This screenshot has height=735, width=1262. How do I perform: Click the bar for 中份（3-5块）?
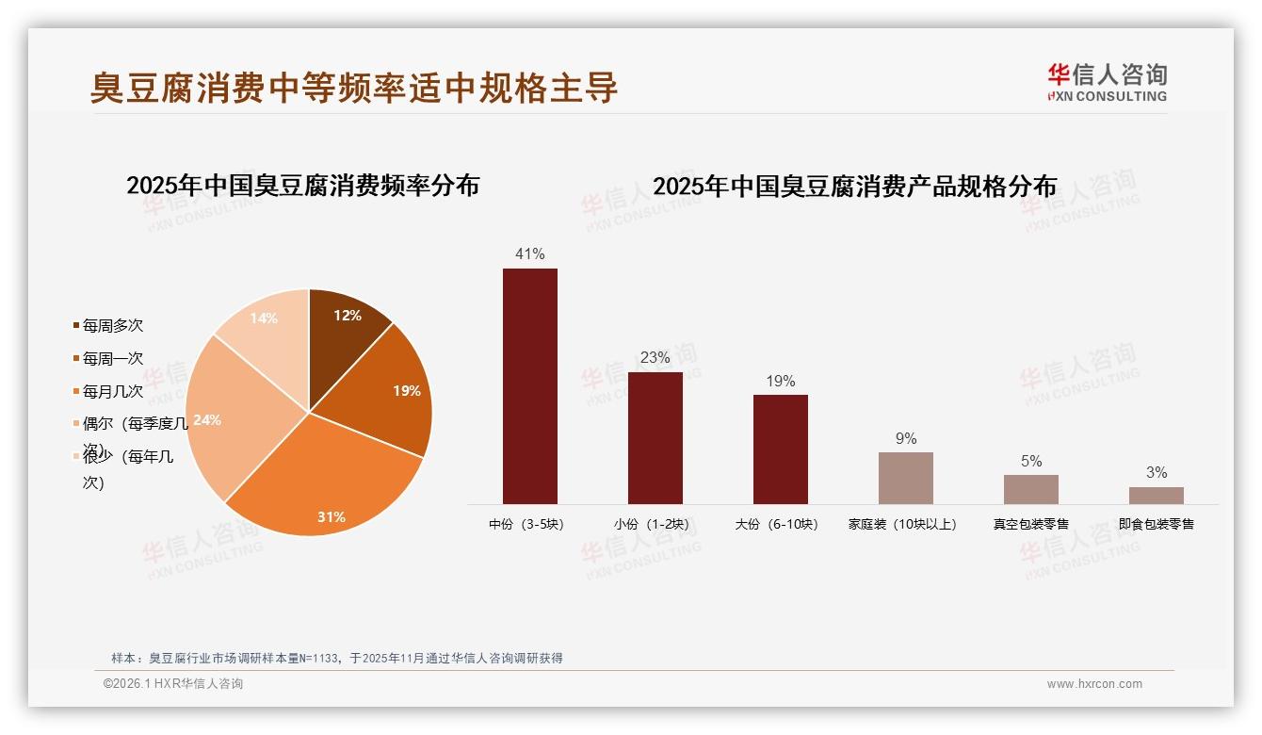(x=529, y=386)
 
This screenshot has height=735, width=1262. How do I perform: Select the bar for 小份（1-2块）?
(x=655, y=438)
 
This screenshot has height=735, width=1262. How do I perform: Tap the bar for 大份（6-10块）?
(x=780, y=449)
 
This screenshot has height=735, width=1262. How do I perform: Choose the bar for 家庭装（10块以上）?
(x=905, y=478)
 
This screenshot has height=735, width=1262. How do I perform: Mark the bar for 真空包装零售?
(x=1030, y=489)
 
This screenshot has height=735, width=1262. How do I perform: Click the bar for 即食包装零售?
(x=1156, y=496)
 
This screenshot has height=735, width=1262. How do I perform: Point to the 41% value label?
(x=529, y=253)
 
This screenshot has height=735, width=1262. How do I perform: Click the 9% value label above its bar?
(x=905, y=438)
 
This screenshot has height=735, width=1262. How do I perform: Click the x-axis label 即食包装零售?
(x=1156, y=524)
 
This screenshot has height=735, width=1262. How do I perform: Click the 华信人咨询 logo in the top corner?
(x=1107, y=82)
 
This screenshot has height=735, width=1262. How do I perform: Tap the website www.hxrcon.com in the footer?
(x=1094, y=684)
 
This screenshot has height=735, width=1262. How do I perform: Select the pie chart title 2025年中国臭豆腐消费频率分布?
(x=302, y=186)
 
